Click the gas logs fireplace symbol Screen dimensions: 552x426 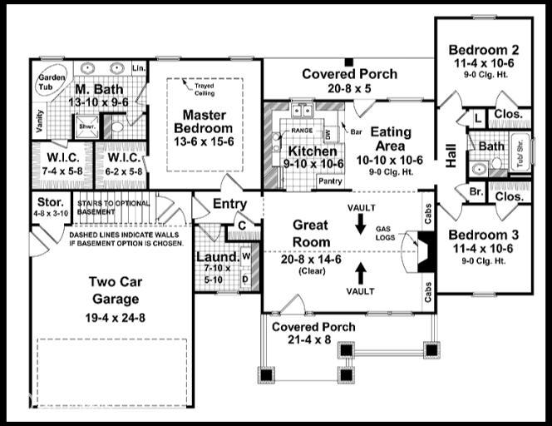[x=422, y=248]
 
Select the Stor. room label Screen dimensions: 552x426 [x=48, y=203]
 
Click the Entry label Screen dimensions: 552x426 [x=229, y=204]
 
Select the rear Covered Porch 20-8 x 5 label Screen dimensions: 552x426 [x=349, y=74]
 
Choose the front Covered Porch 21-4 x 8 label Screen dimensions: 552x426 [x=314, y=327]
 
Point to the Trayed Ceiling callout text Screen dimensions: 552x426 [x=205, y=87]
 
